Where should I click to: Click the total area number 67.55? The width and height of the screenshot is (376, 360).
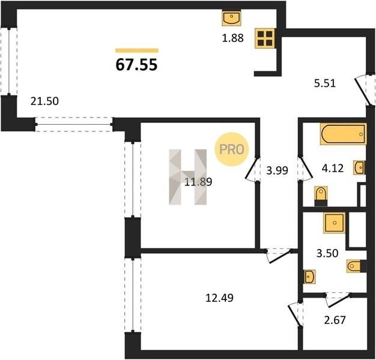tap(136, 64)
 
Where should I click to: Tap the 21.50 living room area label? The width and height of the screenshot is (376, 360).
tap(44, 101)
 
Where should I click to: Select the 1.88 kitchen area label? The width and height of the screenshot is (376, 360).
tap(233, 38)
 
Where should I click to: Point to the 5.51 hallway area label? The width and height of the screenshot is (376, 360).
tap(325, 83)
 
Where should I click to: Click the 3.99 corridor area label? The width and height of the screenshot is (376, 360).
tap(277, 170)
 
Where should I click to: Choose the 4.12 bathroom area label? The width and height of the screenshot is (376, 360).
tap(333, 168)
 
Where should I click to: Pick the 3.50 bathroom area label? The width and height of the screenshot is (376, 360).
tap(327, 253)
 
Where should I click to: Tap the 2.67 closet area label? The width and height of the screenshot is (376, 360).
tap(335, 320)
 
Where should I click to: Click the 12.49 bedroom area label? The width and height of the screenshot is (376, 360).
tap(219, 298)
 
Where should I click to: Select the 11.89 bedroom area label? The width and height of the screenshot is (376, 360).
tap(198, 182)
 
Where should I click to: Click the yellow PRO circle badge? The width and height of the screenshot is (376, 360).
tap(232, 149)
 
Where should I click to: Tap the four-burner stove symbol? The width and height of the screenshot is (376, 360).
tap(265, 38)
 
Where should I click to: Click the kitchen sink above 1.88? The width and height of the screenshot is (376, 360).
tap(231, 18)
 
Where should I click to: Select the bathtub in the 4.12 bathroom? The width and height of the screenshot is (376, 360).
tap(344, 134)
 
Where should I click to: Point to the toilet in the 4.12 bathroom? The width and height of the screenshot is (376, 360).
tap(321, 196)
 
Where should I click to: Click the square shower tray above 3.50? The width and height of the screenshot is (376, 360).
tap(335, 223)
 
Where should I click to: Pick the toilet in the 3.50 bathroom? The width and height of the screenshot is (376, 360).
tap(356, 266)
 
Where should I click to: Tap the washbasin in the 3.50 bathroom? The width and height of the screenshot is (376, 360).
tap(309, 277)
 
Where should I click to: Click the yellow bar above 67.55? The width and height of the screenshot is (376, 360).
tap(137, 50)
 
